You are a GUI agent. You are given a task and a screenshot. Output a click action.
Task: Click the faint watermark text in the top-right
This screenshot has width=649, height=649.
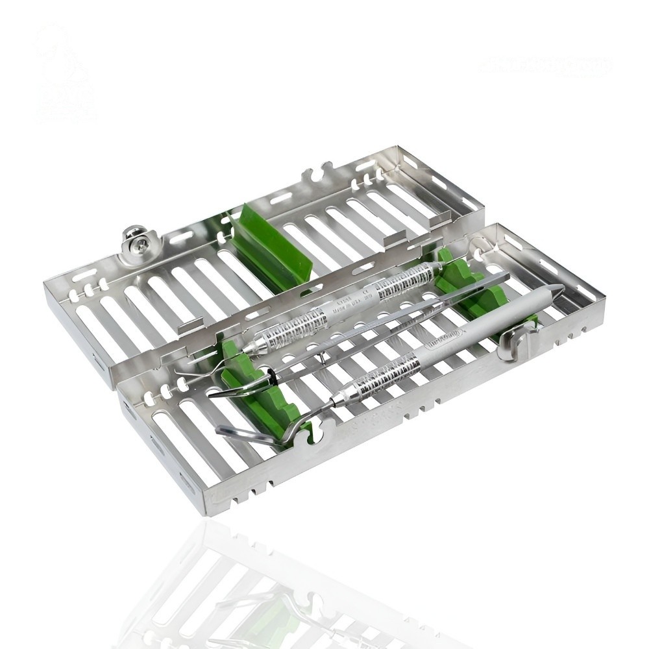click(545, 66)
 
